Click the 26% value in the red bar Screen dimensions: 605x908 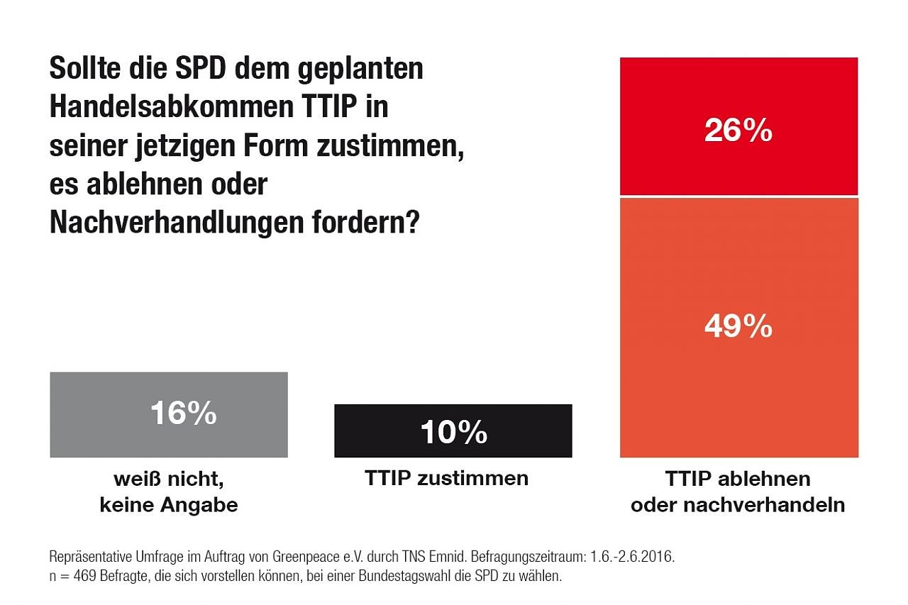(x=738, y=131)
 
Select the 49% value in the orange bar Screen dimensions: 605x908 (x=738, y=326)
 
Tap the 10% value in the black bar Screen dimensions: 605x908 (x=453, y=432)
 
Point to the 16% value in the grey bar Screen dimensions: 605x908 (x=183, y=413)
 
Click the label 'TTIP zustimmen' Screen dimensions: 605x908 (x=446, y=478)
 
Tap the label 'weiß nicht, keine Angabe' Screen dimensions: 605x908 (x=169, y=492)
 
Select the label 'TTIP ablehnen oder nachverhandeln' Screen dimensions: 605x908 (x=738, y=492)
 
